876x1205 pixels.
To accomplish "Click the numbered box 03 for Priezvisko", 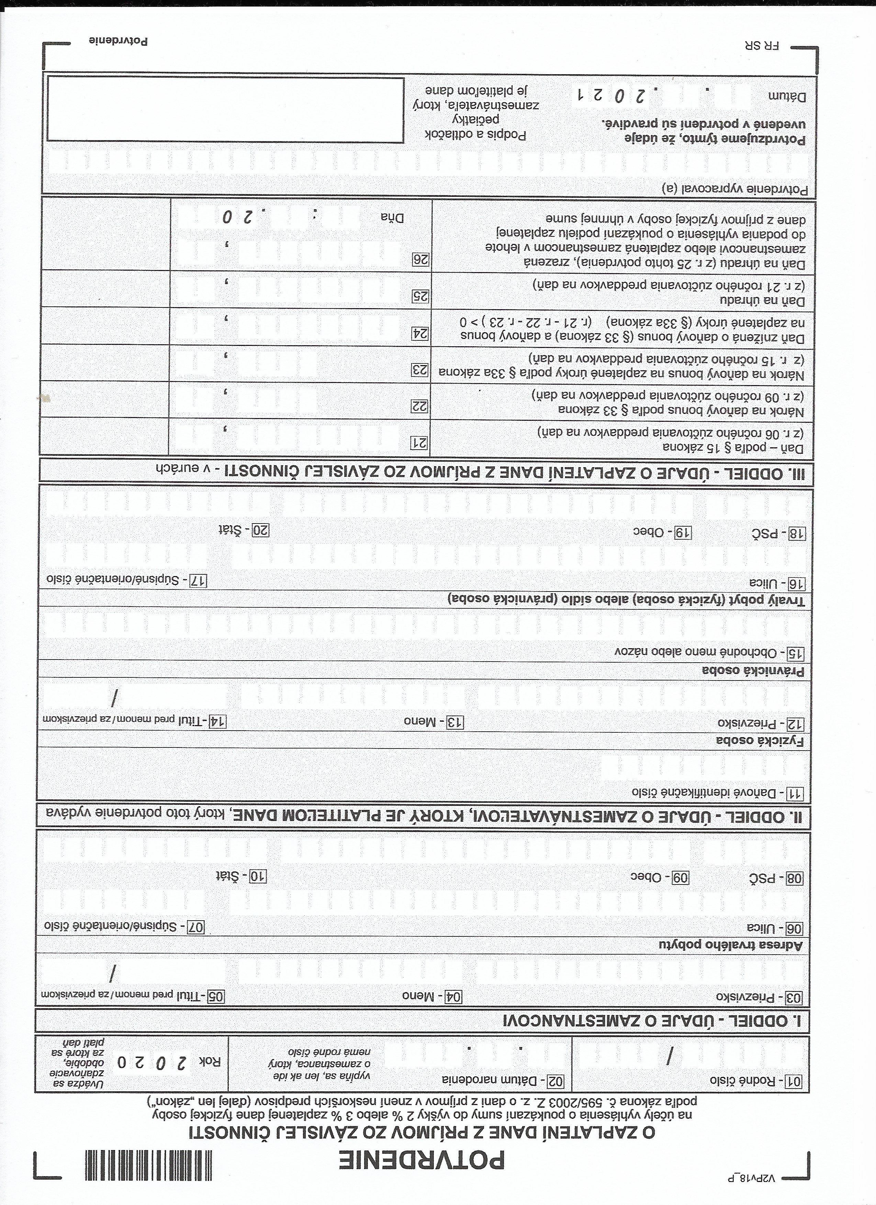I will point(795,997).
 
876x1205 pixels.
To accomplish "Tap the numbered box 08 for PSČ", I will point(795,878).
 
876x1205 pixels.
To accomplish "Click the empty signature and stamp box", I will point(225,110).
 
